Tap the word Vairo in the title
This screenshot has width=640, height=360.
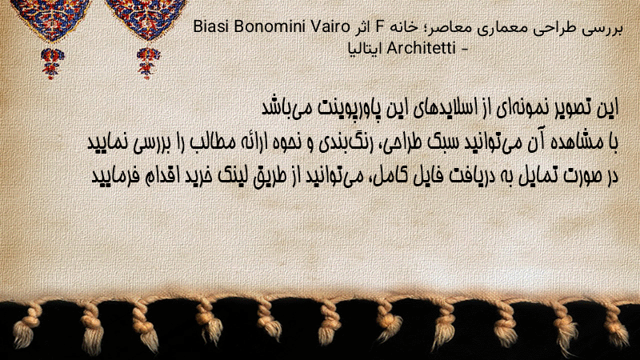330,27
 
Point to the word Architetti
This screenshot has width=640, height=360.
421,49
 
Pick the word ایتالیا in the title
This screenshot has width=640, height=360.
365,49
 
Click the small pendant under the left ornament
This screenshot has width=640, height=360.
52,63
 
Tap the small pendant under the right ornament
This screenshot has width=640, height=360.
148,62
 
